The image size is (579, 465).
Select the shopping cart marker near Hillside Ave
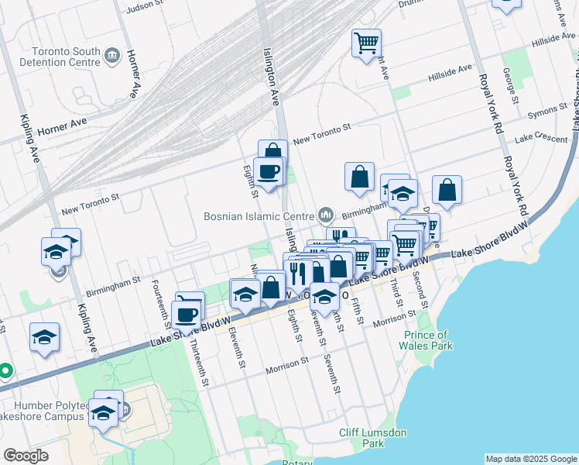click(365, 43)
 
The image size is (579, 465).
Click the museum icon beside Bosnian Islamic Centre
click(325, 214)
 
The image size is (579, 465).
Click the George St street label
click(512, 85)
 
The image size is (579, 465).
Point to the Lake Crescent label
click(541, 137)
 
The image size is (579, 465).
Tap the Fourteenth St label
click(160, 301)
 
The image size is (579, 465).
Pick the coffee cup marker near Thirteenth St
click(186, 314)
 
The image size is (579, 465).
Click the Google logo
click(26, 456)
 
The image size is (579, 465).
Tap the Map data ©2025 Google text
click(531, 459)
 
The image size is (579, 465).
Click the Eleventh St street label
click(238, 346)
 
